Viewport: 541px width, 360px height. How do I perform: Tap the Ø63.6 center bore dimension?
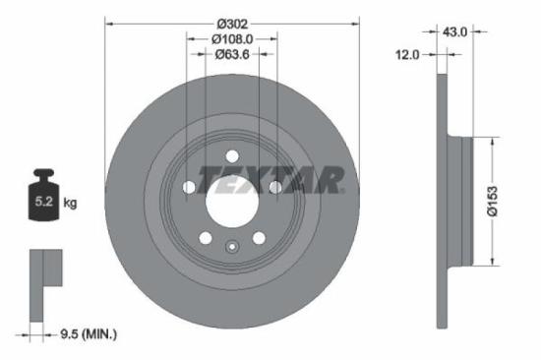point(232,55)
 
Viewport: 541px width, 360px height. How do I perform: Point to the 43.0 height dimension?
point(453,32)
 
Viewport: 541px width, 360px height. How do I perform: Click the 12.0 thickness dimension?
point(408,55)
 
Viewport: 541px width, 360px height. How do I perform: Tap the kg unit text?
point(70,203)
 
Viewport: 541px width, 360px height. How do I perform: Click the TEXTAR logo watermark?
point(271,180)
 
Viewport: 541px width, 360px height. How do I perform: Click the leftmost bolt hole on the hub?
point(189,187)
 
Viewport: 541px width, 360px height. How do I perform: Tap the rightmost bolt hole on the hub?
point(276,187)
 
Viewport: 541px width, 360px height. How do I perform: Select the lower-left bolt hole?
point(205,237)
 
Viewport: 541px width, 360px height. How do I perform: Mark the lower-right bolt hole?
point(260,237)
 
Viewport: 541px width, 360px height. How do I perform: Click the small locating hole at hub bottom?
point(232,248)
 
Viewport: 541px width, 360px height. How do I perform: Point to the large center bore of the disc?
point(232,201)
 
